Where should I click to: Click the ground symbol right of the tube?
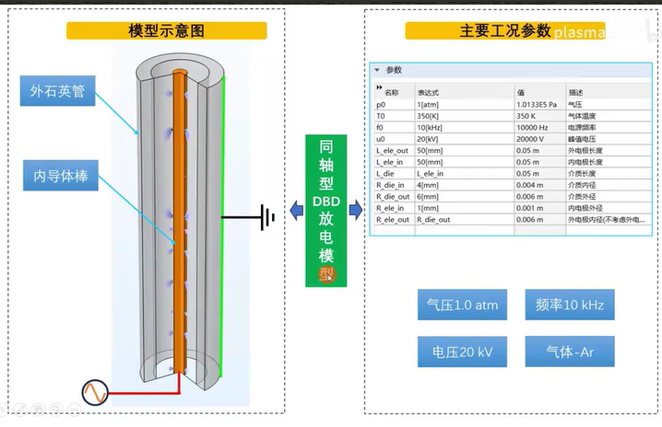tap(266, 218)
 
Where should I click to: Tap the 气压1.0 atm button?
tap(462, 305)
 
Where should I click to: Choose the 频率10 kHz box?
tap(569, 305)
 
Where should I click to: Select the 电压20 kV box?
tap(462, 352)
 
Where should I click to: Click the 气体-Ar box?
tap(569, 352)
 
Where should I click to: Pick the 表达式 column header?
tap(429, 92)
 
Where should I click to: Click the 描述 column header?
tap(575, 92)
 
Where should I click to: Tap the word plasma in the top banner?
tap(581, 34)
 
